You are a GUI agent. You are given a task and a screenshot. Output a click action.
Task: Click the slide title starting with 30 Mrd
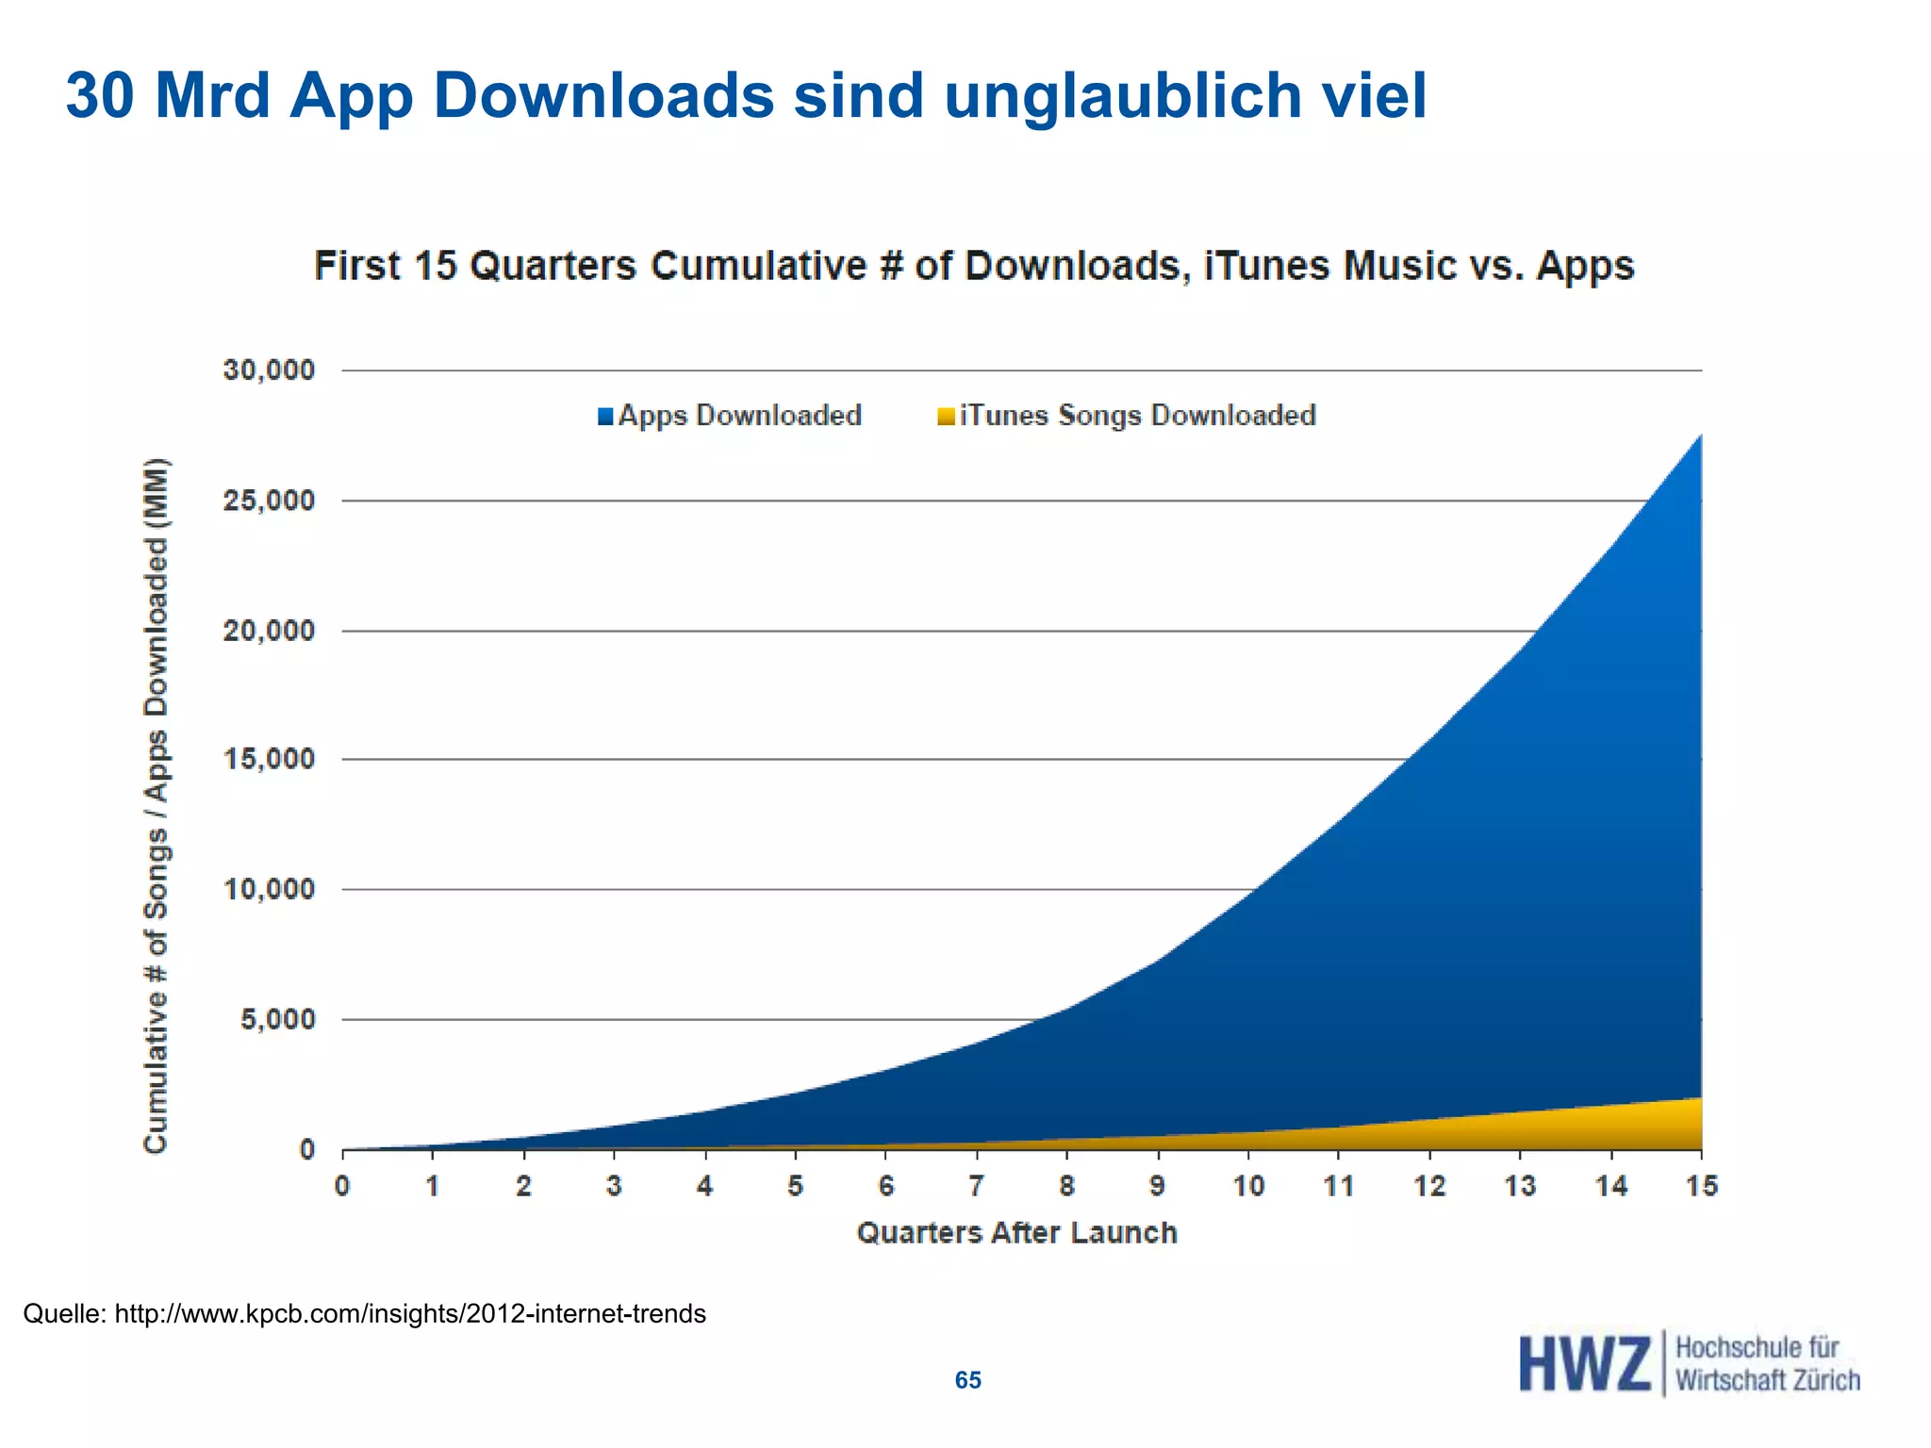(745, 96)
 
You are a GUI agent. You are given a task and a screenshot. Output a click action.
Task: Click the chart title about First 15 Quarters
(973, 266)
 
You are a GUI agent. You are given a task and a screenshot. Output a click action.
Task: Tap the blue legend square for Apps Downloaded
(605, 417)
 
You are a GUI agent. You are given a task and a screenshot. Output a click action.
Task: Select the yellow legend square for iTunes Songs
(946, 417)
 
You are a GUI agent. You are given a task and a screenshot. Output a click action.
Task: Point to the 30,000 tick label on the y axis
(269, 370)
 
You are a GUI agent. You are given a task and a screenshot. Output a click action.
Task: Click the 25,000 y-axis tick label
(269, 500)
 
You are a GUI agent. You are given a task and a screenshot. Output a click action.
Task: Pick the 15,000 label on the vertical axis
(269, 759)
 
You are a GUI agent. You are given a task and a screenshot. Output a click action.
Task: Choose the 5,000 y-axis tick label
(277, 1019)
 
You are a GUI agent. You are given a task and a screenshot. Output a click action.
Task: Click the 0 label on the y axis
(307, 1149)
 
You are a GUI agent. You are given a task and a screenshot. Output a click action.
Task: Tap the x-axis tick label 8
(1066, 1186)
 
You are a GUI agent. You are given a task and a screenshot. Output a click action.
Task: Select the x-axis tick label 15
(1702, 1186)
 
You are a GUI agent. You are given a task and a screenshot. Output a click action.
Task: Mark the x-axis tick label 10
(1248, 1186)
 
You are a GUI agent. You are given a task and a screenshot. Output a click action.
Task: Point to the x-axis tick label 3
(614, 1186)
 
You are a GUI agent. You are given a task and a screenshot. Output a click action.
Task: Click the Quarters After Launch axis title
(1016, 1233)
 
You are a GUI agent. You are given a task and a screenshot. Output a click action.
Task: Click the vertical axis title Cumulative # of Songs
(156, 806)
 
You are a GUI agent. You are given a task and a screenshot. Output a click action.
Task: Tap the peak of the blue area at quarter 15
(1700, 436)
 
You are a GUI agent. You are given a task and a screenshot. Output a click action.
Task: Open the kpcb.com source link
(410, 1313)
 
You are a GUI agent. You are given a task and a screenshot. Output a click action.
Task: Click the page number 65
(968, 1380)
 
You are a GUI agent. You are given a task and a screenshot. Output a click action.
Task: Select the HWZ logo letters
(1584, 1364)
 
